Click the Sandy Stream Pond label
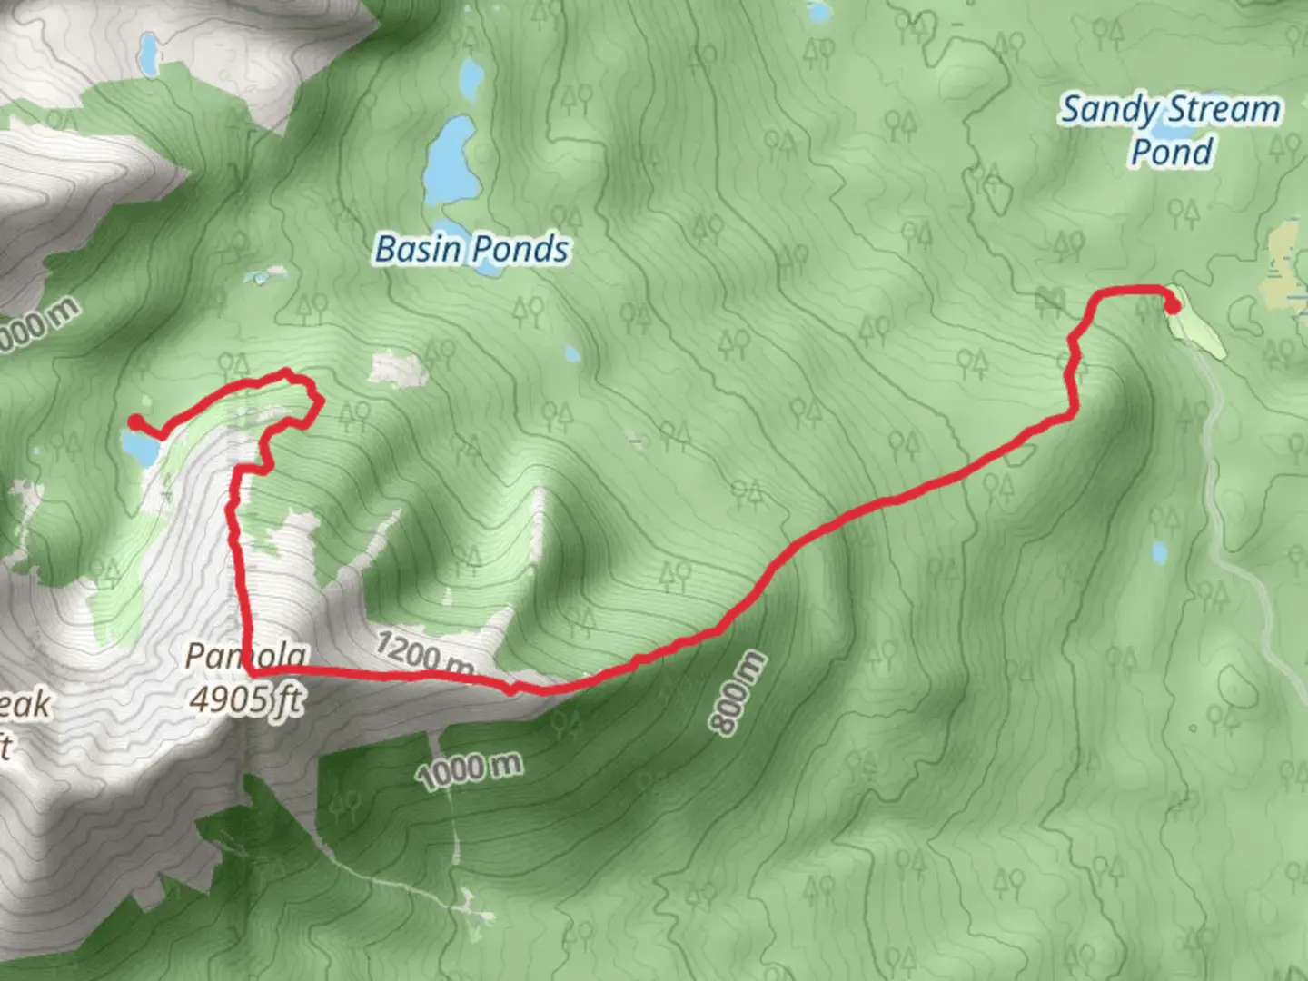[x=1171, y=130]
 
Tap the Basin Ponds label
[x=472, y=249]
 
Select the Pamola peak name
[x=246, y=656]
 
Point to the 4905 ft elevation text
[x=246, y=699]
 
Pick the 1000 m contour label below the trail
[x=470, y=770]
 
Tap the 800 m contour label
[x=738, y=693]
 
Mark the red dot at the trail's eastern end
[x=1173, y=307]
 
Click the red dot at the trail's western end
[x=135, y=421]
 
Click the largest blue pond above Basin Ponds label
[x=450, y=161]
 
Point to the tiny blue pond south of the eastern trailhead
[x=1159, y=551]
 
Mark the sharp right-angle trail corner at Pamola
[x=248, y=669]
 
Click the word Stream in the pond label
[x=1225, y=109]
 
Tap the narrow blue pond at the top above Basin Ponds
[x=471, y=80]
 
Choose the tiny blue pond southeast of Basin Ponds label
[x=571, y=353]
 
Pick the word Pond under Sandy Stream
[x=1172, y=151]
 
